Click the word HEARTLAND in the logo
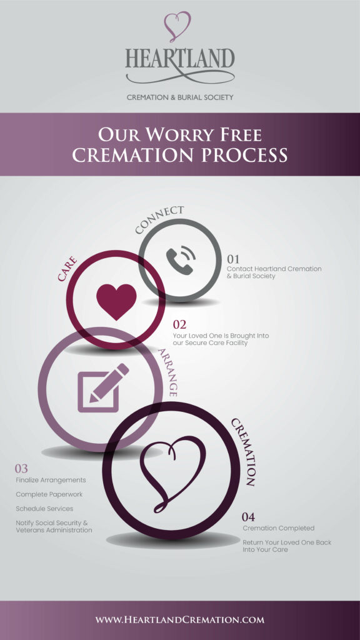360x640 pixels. point(180,60)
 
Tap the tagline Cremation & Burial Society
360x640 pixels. point(180,97)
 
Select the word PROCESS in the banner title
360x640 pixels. point(245,155)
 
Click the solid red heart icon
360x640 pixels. point(116,299)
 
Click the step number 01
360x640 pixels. point(233,259)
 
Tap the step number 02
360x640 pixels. point(180,324)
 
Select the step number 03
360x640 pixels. point(22,468)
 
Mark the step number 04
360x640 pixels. point(249,517)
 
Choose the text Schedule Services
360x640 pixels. point(44,509)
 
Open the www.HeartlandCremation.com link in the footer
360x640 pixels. point(180,620)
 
